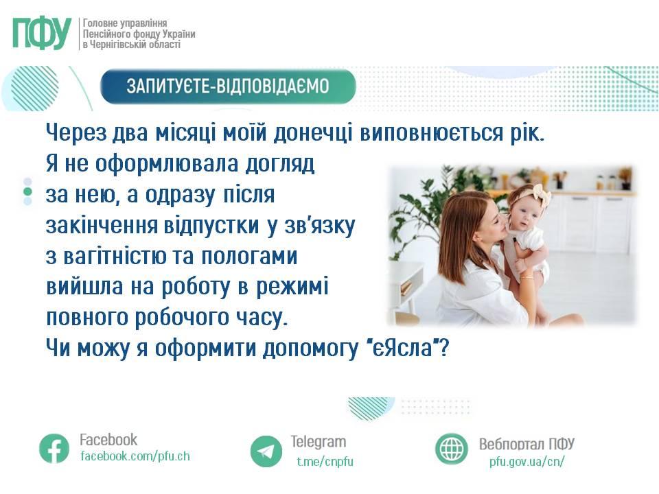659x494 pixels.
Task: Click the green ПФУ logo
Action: pos(42,34)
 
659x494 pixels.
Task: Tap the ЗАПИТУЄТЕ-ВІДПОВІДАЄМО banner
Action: pos(228,86)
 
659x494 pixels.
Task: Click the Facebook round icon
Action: pos(54,449)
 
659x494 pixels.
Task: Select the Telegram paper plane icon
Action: pos(266,451)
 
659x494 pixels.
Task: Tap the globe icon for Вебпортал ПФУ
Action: pos(452,449)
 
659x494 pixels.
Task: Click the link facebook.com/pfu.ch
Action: pos(135,456)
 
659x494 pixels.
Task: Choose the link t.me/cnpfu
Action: pos(325,461)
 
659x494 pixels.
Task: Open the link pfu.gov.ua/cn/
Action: pos(527,461)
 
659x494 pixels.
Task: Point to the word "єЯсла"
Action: pos(404,348)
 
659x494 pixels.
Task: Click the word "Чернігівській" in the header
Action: pos(117,45)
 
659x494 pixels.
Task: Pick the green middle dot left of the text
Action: pos(27,191)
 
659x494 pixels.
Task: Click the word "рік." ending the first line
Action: pos(527,132)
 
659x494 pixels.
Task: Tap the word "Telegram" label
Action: pos(319,442)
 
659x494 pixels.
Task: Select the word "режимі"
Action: pos(292,287)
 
